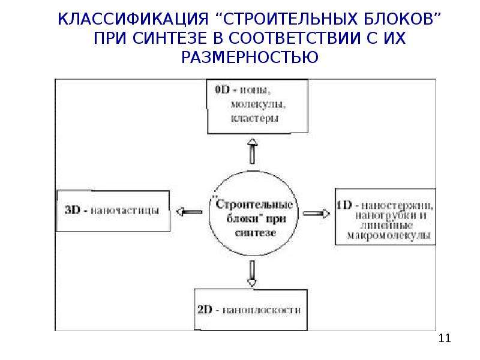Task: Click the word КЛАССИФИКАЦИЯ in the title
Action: tap(133, 19)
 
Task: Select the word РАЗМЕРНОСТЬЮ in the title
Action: tap(250, 57)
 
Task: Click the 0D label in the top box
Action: tap(222, 89)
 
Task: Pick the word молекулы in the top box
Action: tap(258, 104)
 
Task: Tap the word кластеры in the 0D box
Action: tap(254, 118)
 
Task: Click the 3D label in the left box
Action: tap(72, 210)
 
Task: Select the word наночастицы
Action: tap(125, 211)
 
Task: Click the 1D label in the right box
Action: tap(344, 205)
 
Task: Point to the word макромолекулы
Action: tap(388, 235)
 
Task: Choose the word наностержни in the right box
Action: tap(397, 205)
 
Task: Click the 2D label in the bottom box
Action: tap(205, 310)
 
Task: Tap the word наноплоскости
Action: tap(262, 310)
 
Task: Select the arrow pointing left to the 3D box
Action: tap(189, 212)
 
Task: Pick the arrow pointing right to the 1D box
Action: tap(317, 214)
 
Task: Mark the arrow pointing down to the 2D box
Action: tap(252, 274)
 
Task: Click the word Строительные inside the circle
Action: tap(254, 204)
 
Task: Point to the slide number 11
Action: tap(445, 338)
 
